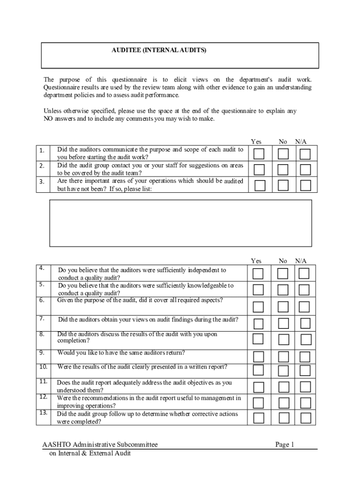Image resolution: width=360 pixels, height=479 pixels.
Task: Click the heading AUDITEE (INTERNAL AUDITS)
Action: click(158, 50)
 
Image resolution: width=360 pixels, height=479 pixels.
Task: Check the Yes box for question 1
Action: click(259, 154)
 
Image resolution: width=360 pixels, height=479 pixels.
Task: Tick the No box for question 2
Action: click(283, 169)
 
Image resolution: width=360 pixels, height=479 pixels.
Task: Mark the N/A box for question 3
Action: click(305, 185)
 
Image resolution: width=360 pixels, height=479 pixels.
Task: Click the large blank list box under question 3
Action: click(180, 223)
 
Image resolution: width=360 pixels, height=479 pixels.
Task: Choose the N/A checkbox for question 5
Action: click(304, 290)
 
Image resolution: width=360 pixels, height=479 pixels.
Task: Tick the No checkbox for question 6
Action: click(283, 307)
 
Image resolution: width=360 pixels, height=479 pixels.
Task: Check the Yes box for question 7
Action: click(259, 323)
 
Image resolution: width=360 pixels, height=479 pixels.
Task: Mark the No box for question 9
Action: click(283, 357)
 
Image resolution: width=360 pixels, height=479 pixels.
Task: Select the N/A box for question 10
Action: click(305, 370)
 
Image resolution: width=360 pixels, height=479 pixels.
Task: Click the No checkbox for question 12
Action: click(283, 403)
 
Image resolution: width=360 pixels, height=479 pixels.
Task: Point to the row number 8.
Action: click(42, 334)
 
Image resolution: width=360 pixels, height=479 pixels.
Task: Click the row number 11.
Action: click(43, 382)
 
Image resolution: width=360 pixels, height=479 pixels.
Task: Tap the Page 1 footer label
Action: click(284, 445)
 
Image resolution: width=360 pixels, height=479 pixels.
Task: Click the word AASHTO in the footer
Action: click(56, 445)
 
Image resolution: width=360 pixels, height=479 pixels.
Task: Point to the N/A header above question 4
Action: click(301, 261)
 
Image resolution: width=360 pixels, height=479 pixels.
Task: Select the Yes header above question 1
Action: click(256, 142)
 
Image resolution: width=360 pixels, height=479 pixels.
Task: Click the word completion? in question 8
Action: click(73, 341)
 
